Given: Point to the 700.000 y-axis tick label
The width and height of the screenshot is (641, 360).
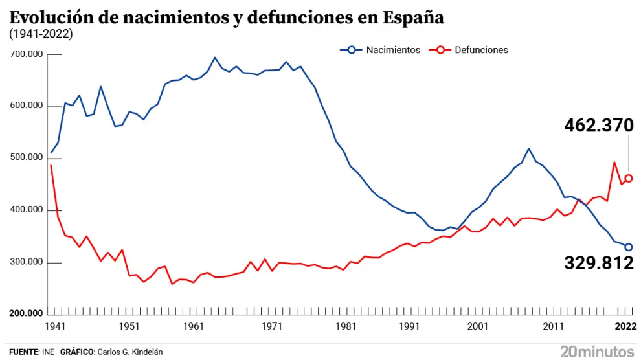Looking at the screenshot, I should pos(27,54).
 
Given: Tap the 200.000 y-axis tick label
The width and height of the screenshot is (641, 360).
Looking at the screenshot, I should pos(27,314).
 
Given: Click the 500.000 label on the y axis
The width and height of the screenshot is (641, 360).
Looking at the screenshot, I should pos(27,159).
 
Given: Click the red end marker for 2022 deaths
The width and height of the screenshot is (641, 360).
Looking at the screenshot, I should pos(628,179).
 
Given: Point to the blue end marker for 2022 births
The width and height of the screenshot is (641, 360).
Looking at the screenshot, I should pos(628,247).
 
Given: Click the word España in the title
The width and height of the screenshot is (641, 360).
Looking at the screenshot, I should pos(413,17).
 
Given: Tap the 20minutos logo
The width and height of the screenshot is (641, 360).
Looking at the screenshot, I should pos(597,351).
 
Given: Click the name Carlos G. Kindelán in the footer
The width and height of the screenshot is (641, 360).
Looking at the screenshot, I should pos(129,352).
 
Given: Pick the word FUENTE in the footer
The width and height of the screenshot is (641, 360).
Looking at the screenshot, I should pos(23,352).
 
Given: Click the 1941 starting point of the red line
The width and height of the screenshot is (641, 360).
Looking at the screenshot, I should pos(51,166).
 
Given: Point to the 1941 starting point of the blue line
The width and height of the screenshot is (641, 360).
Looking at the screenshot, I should pos(51,153).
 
